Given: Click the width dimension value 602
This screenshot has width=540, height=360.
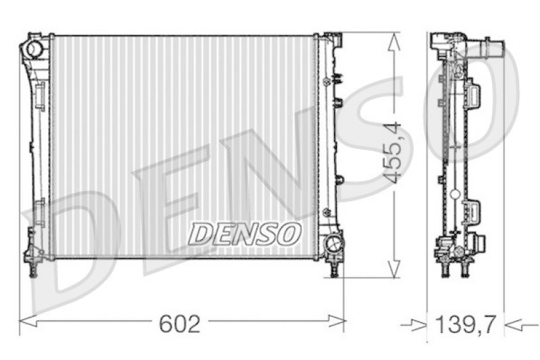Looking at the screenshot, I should click(x=179, y=324).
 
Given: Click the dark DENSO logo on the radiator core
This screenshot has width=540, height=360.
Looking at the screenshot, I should click(x=242, y=234).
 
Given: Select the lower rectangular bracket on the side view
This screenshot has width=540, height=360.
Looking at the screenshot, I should click(x=473, y=212).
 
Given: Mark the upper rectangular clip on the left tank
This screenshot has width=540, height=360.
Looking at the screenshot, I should click(x=40, y=92).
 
